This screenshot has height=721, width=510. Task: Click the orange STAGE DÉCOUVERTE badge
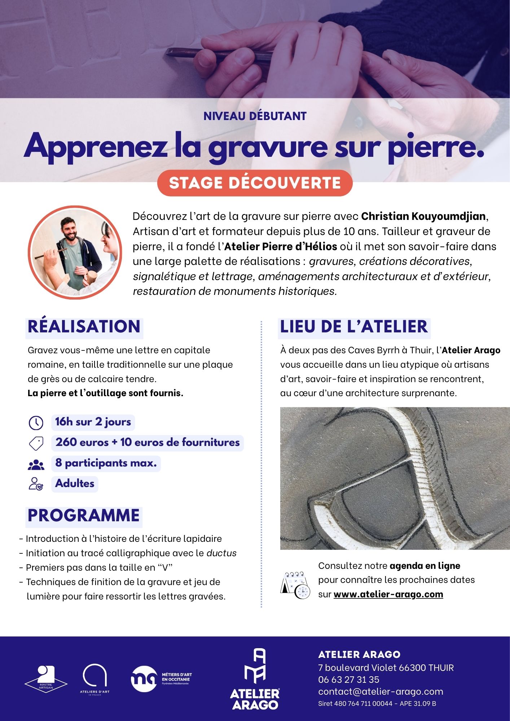point(255,183)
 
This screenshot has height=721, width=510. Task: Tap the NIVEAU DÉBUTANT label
point(255,116)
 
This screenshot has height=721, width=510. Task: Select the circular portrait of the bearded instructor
point(75,252)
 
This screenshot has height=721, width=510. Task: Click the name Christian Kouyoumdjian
point(423,216)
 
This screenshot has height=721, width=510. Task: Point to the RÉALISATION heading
point(84,326)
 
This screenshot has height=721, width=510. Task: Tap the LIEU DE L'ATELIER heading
point(354,326)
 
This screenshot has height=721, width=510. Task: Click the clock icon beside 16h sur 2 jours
point(36,423)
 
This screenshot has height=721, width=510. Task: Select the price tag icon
point(36,443)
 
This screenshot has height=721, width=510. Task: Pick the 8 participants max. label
point(106,463)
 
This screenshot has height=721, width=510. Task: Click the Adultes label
point(75,483)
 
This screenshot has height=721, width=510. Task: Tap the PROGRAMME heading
point(84,516)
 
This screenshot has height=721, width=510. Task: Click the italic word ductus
point(221,553)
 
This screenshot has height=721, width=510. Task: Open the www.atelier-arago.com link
point(388,594)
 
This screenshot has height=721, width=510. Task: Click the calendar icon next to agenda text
point(295,585)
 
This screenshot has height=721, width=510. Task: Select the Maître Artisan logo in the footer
point(46,679)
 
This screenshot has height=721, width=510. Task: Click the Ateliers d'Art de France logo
point(94,679)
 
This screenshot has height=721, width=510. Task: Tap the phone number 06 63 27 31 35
point(348,680)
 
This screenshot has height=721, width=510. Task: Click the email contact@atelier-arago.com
point(381,691)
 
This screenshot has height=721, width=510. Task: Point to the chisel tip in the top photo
point(168,54)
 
